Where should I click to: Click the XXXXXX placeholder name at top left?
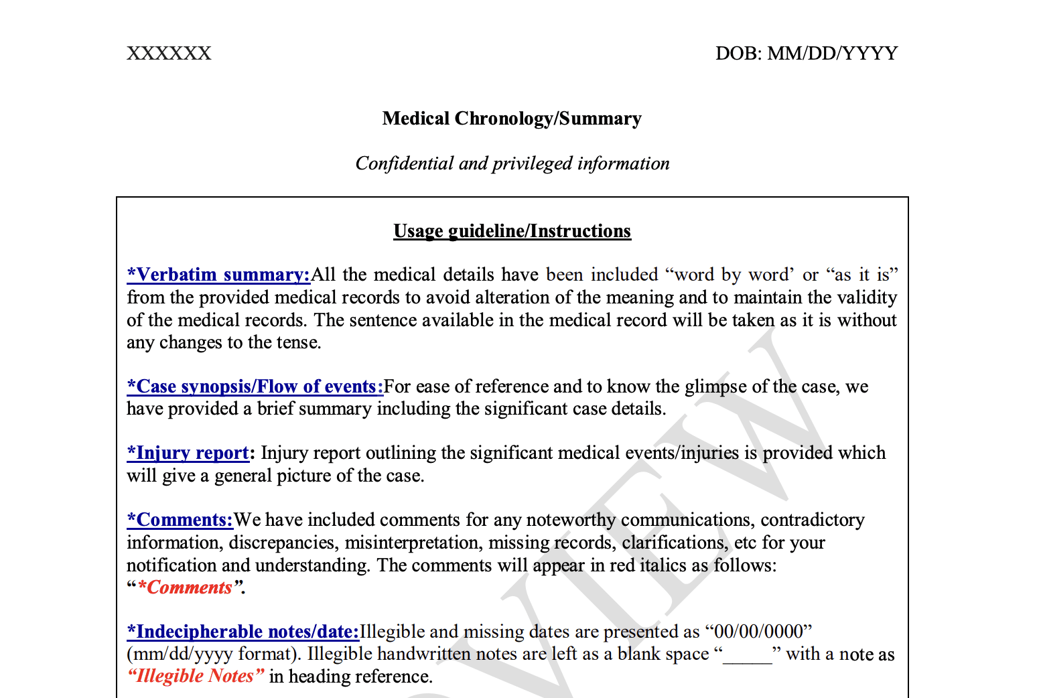pyautogui.click(x=169, y=54)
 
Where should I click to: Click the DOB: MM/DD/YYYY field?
pyautogui.click(x=806, y=54)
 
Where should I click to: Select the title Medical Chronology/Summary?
pyautogui.click(x=512, y=119)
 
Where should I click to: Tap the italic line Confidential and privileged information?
pyautogui.click(x=512, y=163)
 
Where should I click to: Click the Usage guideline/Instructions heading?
pyautogui.click(x=512, y=231)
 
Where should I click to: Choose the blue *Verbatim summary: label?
pyautogui.click(x=218, y=275)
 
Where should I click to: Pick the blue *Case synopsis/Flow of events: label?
pyautogui.click(x=255, y=387)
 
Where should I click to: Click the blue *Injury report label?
pyautogui.click(x=188, y=453)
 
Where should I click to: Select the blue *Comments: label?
pyautogui.click(x=180, y=520)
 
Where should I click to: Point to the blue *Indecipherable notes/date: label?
pyautogui.click(x=243, y=632)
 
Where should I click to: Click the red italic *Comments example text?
pyautogui.click(x=186, y=587)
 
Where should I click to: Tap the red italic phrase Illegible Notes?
pyautogui.click(x=195, y=676)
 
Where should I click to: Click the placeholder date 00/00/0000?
pyautogui.click(x=758, y=632)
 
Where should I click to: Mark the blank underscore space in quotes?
pyautogui.click(x=748, y=654)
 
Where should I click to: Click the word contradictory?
pyautogui.click(x=813, y=520)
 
